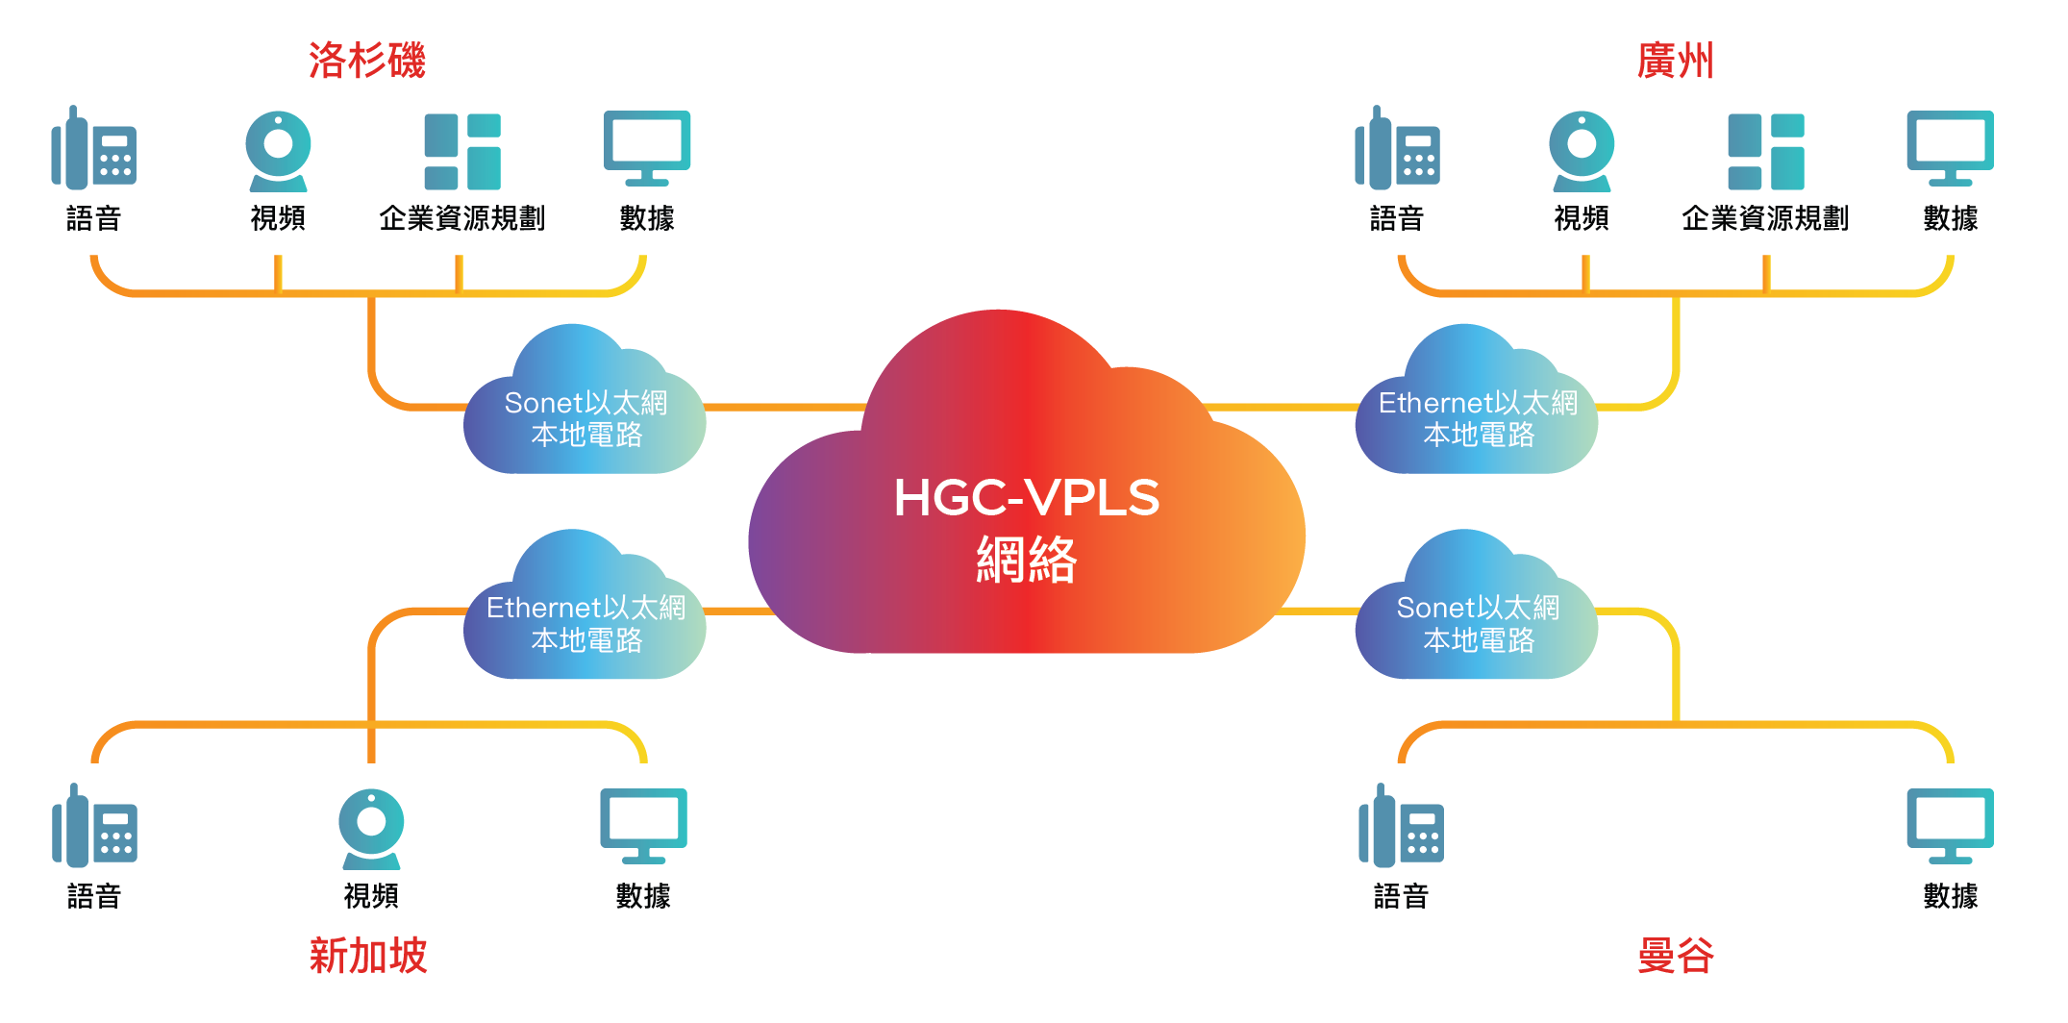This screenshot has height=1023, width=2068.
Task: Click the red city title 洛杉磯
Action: tap(366, 61)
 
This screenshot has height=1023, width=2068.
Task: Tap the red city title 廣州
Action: tap(1675, 61)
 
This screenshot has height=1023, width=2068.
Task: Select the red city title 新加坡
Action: tap(367, 956)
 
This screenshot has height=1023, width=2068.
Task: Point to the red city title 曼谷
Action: tap(1675, 956)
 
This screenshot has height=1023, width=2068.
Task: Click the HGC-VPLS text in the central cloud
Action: tap(1026, 498)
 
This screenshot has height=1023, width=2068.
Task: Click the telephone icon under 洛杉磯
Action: tap(94, 149)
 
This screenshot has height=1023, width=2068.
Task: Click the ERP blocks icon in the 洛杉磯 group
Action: tap(462, 151)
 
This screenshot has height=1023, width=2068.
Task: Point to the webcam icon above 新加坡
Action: tap(371, 828)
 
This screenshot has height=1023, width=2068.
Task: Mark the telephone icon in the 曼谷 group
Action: tap(1401, 827)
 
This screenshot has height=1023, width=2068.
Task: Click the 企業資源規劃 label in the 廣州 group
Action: tap(1765, 218)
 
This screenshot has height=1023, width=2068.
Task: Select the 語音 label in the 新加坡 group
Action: tap(94, 896)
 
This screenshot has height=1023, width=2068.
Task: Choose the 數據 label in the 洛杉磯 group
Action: tap(647, 218)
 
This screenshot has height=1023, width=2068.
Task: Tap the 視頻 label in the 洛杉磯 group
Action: tap(278, 218)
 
